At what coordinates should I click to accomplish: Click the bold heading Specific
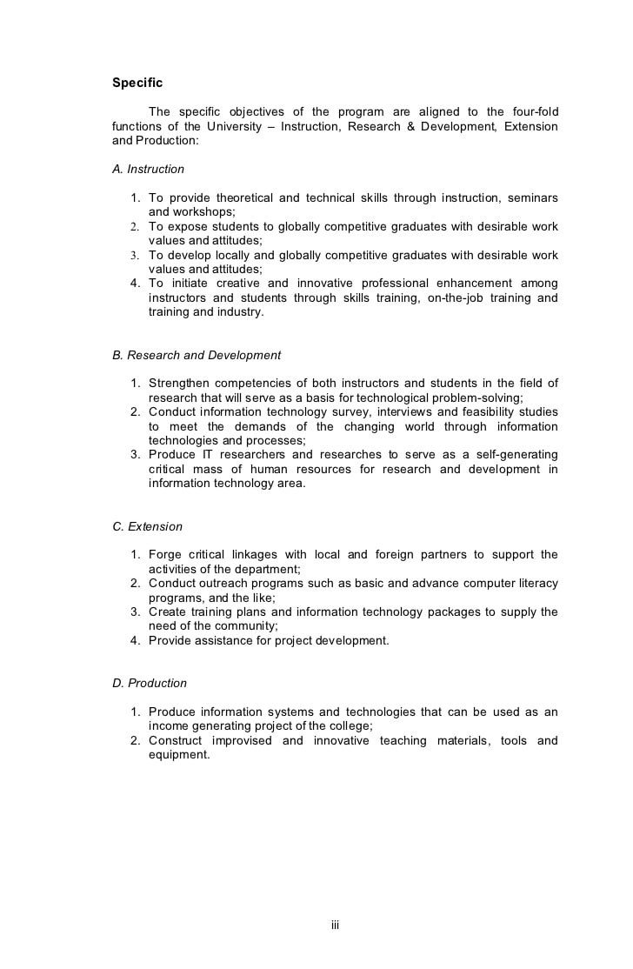pos(137,84)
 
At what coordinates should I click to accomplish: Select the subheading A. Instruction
pos(148,169)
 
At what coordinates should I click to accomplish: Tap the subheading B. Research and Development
pos(197,355)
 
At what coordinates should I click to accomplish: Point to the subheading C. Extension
pos(147,526)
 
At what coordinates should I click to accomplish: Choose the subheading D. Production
pos(150,683)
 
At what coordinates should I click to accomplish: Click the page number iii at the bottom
pos(335,925)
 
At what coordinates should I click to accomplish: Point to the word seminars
pos(532,197)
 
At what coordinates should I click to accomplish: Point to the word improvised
pos(242,740)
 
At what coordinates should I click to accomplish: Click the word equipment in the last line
pos(179,755)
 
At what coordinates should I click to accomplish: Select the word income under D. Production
pos(169,725)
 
